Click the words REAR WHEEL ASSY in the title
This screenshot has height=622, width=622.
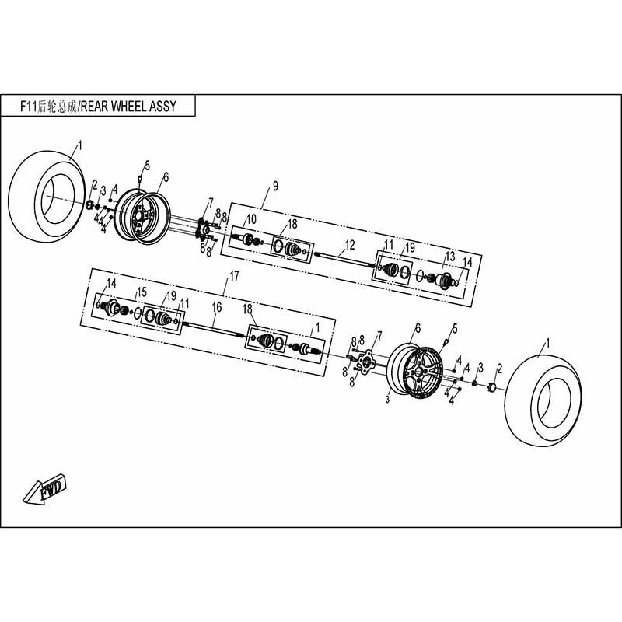click(x=128, y=107)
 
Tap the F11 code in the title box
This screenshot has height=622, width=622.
click(x=31, y=107)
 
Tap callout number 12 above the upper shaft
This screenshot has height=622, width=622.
click(x=350, y=244)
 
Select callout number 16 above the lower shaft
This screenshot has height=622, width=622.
click(x=217, y=308)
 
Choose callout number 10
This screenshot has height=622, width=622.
click(x=251, y=218)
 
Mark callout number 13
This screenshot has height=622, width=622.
click(x=449, y=257)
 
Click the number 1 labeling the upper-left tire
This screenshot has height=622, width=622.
click(x=80, y=145)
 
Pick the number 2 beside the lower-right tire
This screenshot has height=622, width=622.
click(x=499, y=367)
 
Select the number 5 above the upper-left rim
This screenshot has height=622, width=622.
click(x=146, y=165)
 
